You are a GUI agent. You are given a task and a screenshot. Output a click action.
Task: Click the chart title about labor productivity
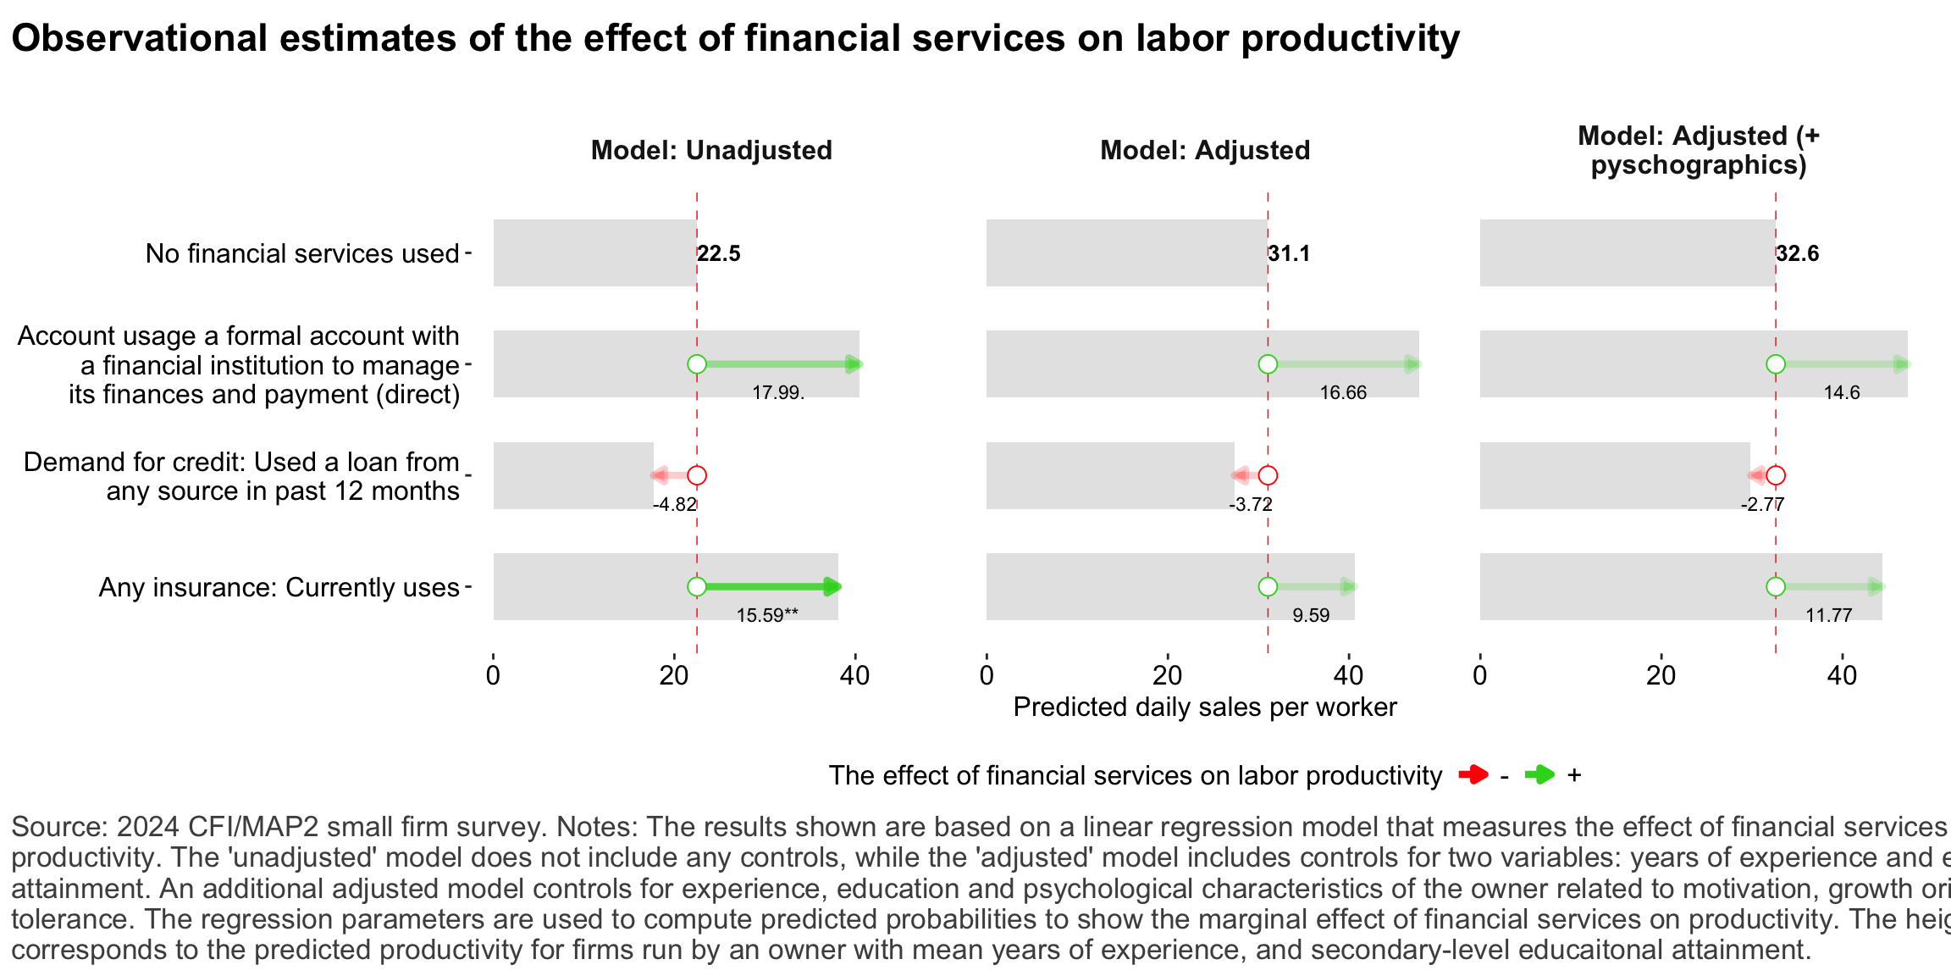(735, 39)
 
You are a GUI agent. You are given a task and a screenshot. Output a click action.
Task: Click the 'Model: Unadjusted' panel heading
(711, 150)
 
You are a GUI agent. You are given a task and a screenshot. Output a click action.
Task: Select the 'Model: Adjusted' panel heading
(1204, 150)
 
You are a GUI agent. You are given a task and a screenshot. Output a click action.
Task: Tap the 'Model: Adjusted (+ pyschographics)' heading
(1699, 150)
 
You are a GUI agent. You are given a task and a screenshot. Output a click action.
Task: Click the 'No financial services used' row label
(301, 253)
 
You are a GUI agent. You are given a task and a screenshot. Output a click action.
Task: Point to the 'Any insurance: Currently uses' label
(279, 587)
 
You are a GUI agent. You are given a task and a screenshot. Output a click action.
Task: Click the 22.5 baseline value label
(719, 253)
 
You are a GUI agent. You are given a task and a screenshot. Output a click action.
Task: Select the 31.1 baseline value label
(1289, 253)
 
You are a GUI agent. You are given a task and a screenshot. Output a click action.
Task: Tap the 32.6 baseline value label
(1797, 253)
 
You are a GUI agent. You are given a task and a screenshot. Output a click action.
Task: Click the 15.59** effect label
(766, 615)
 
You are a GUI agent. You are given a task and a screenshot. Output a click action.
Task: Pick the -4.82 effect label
(674, 504)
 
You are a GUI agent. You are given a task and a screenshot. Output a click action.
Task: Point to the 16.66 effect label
(1343, 392)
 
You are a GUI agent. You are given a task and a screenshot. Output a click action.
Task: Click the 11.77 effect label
(1828, 615)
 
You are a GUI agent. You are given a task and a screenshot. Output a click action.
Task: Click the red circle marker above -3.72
(1268, 475)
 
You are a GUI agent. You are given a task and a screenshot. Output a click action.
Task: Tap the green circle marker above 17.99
(697, 364)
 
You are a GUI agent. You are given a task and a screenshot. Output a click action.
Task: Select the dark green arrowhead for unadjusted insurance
(832, 587)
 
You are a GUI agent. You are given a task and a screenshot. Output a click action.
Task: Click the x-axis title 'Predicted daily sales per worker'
(1204, 707)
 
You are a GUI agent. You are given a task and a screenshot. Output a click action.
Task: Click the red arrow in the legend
(1473, 774)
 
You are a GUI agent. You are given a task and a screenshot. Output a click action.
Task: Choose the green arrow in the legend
(1539, 774)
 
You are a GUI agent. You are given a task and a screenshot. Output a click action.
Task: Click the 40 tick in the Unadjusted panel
(855, 676)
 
